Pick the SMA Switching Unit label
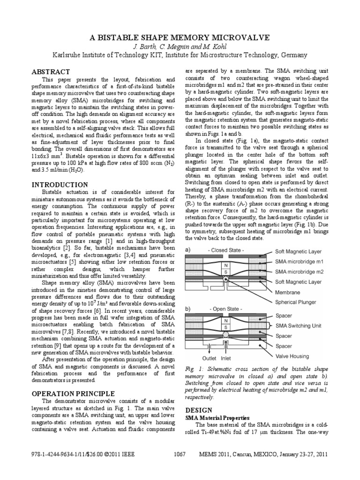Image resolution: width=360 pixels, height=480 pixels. [x=303, y=325]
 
